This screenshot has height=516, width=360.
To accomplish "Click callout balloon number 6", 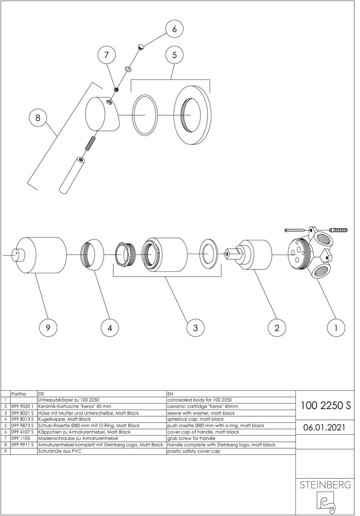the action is pos(174,29).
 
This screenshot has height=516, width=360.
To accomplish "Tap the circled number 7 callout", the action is pos(107,55).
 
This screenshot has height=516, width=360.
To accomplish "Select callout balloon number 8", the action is pos(38,118).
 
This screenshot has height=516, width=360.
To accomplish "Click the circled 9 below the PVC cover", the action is pos(48,328).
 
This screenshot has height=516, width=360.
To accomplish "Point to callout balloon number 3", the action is pos(196,328).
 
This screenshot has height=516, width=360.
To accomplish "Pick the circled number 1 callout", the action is pos(336,328).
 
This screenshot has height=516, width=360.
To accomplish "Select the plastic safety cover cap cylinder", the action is pos(41,255).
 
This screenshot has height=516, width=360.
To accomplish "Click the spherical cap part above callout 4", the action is pos(93,255).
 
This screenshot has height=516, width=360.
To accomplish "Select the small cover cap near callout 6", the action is pos(141,46).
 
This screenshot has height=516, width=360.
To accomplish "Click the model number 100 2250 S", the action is pos(326,406).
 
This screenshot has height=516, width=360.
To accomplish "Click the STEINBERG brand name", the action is pos(325,484).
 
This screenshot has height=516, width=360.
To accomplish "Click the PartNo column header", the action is pos(19,394).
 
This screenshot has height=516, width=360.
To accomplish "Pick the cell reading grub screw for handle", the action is pos(191,438).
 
